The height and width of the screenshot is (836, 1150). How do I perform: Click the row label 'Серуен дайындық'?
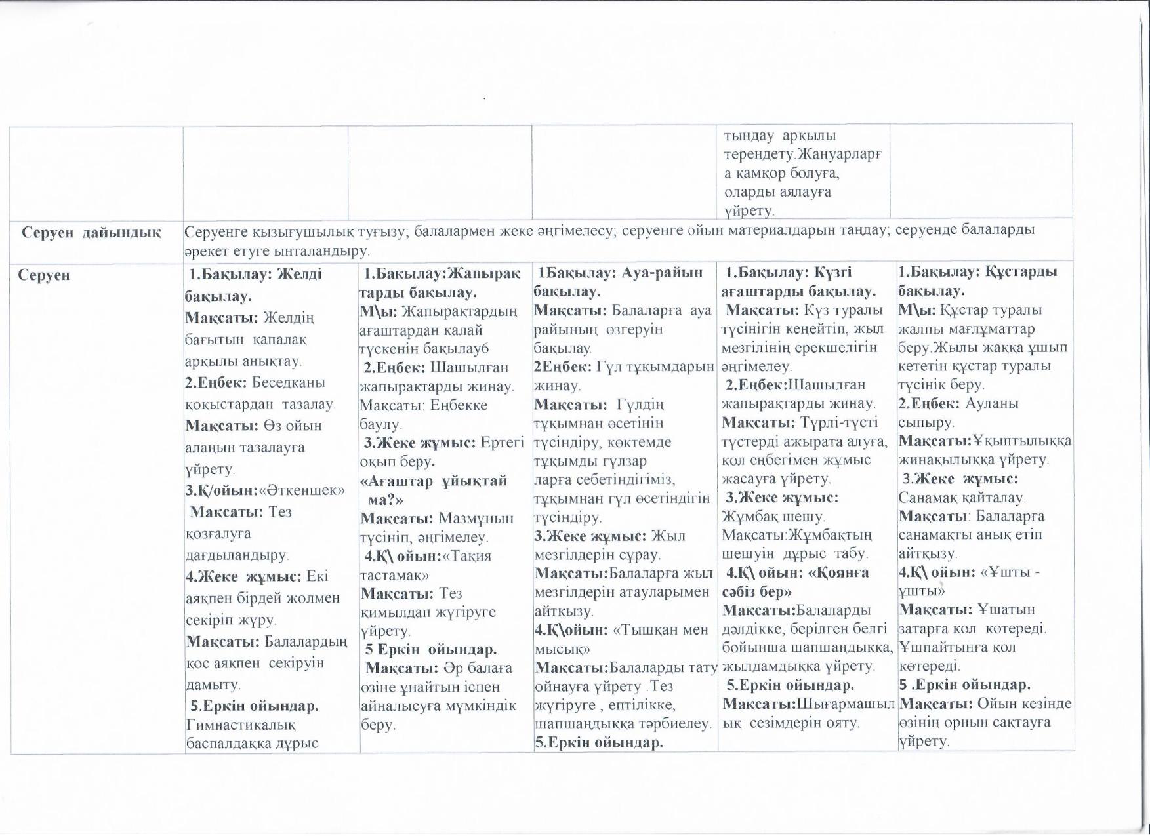[x=91, y=232]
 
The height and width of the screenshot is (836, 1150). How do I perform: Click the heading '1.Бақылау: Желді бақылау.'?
[x=253, y=285]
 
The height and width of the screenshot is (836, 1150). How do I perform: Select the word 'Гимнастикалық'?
[x=241, y=725]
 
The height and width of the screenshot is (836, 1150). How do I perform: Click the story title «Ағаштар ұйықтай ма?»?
[x=434, y=490]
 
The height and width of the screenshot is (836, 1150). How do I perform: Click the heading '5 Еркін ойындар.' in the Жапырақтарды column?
[x=430, y=650]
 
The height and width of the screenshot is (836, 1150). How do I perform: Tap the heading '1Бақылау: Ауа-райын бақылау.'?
[x=618, y=282]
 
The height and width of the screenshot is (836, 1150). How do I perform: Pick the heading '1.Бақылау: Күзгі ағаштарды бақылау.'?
[x=798, y=282]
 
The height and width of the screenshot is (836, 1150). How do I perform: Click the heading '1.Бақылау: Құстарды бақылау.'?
[x=977, y=281]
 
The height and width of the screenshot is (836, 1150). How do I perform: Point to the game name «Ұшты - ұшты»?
[x=970, y=582]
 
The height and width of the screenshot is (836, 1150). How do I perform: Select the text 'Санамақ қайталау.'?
[x=962, y=498]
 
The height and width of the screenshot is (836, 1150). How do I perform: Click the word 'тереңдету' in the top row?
[x=754, y=155]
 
